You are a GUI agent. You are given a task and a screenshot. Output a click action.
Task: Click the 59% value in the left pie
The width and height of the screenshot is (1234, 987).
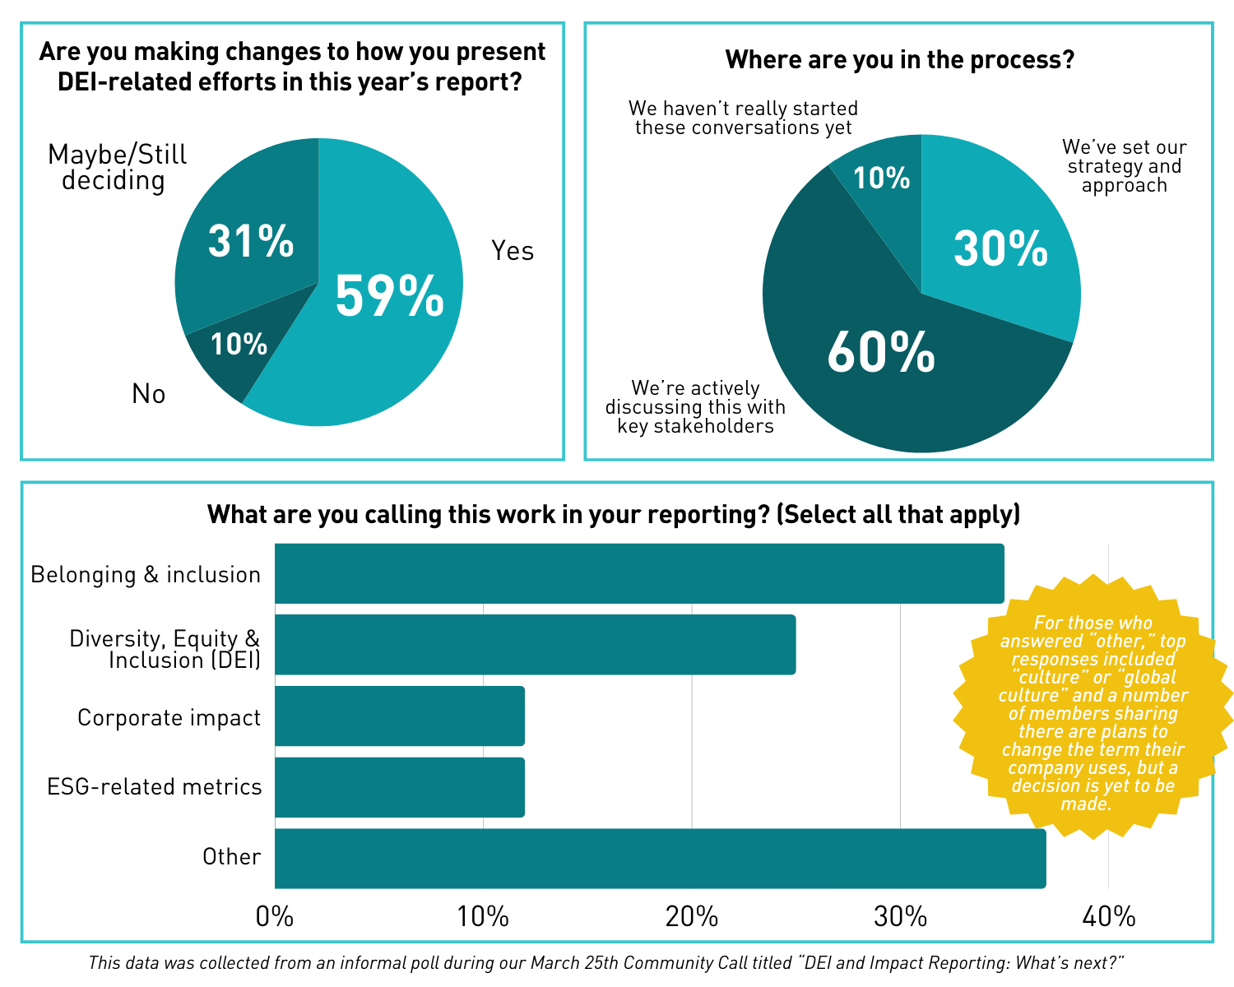tap(389, 295)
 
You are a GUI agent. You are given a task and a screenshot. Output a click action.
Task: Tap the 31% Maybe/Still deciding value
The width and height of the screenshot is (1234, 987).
tap(251, 240)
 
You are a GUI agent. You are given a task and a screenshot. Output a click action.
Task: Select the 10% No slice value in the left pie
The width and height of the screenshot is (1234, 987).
tap(239, 344)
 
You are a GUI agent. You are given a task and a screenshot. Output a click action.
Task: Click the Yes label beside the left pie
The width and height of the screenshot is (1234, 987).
tap(512, 251)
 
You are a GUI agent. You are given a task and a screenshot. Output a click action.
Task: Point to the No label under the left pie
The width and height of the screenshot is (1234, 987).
tap(149, 394)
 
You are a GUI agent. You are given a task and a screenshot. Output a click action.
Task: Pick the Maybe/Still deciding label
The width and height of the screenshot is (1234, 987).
tap(117, 168)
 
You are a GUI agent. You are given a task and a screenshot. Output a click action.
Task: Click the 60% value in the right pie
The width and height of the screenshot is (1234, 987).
tap(881, 351)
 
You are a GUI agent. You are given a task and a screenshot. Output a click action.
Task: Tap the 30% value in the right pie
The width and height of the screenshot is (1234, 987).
tap(1000, 248)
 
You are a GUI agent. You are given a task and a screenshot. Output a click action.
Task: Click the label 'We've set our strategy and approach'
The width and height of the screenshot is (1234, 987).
tap(1124, 166)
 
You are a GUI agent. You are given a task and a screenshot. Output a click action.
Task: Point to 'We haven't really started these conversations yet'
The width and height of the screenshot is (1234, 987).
tap(743, 118)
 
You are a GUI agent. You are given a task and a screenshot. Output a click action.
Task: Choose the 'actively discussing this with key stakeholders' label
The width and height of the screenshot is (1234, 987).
tap(695, 406)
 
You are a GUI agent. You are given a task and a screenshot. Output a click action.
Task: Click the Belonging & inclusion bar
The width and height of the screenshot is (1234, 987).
tap(639, 573)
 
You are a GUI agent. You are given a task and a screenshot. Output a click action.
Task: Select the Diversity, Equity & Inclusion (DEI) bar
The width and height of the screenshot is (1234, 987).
tap(535, 645)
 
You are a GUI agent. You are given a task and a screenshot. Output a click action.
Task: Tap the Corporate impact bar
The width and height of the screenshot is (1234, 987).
tap(400, 716)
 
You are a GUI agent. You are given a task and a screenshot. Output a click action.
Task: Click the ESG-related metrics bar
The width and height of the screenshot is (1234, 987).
tap(400, 787)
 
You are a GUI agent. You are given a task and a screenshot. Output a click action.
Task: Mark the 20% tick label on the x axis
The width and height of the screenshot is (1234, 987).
tap(692, 916)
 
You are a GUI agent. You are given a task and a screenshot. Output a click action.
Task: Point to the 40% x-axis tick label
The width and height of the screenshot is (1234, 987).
tap(1108, 916)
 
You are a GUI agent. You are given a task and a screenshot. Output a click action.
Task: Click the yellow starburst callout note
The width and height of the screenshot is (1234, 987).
tap(1093, 707)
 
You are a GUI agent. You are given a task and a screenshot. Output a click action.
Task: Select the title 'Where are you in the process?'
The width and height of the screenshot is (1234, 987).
tap(899, 60)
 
